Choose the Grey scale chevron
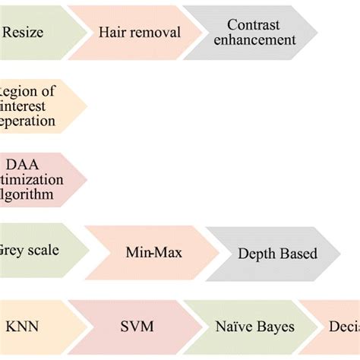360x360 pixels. click(34, 251)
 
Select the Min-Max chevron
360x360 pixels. click(147, 251)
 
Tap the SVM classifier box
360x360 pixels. click(137, 328)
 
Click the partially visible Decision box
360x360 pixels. click(338, 328)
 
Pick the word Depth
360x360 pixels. click(256, 254)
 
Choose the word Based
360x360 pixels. click(298, 254)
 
